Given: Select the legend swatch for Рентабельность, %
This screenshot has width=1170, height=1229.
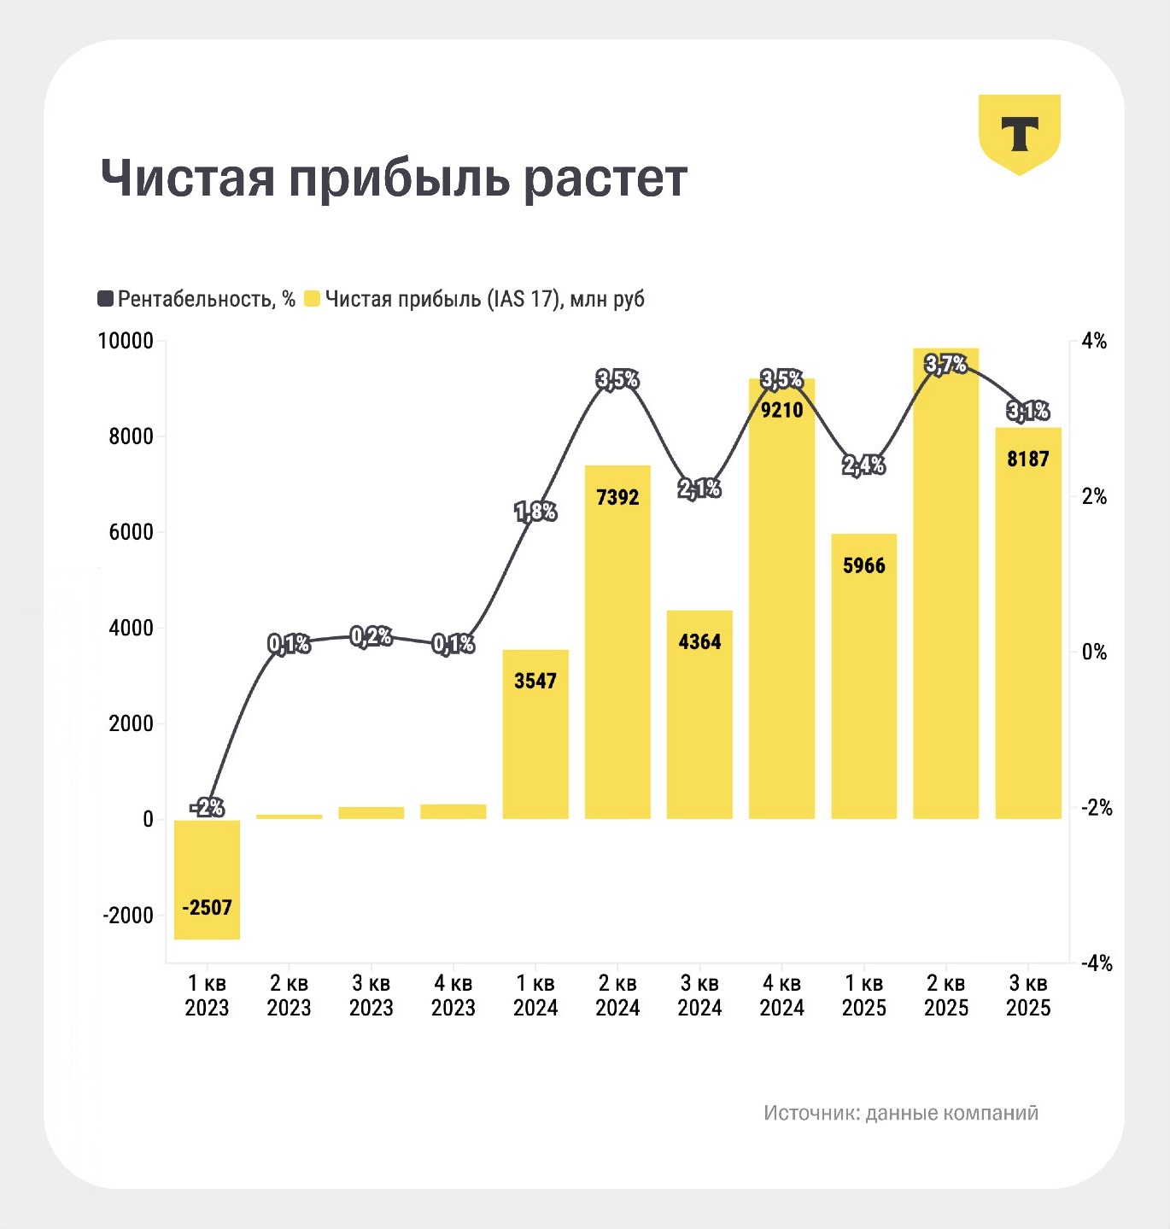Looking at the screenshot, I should [106, 299].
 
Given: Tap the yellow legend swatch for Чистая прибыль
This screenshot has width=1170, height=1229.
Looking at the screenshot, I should [312, 299].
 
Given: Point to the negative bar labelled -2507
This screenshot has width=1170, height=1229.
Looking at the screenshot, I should [207, 880].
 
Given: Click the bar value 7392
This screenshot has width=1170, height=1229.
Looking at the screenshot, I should [617, 497].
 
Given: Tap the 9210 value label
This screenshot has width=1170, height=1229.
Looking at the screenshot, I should [781, 410].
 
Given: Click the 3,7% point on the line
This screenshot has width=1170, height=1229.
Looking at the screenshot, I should [945, 365].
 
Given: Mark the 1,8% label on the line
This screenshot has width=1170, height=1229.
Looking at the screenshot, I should [535, 512].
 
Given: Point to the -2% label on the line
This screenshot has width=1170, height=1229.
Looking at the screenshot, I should [207, 806].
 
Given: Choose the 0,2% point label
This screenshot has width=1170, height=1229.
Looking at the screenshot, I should [371, 636].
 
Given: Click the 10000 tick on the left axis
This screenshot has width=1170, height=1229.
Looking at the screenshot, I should [126, 341].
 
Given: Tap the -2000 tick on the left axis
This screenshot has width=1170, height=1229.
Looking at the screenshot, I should [128, 915].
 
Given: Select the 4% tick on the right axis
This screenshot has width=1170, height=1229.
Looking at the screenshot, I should [1094, 342].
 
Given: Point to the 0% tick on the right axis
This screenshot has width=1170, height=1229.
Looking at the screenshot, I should [1094, 653].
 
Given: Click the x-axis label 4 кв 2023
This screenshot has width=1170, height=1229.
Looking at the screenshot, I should [453, 996].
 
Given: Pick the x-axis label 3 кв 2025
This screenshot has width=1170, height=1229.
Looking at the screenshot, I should [1027, 996].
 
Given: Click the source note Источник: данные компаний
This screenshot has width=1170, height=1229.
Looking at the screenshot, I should [901, 1113].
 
